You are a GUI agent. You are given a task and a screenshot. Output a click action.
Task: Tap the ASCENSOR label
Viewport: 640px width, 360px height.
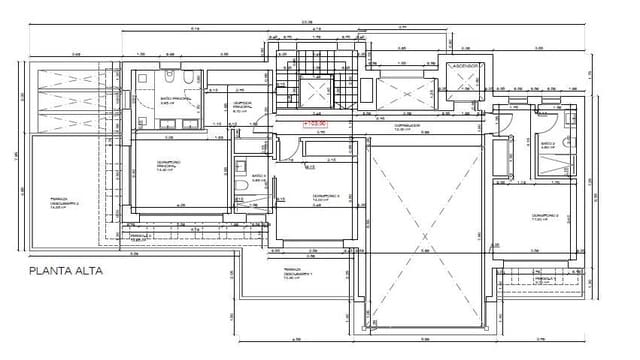pos(466,65)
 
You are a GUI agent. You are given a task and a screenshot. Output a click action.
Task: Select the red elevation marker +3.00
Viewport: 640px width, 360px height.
pos(317,123)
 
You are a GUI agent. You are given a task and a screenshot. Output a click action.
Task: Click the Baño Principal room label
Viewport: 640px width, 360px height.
pos(175,101)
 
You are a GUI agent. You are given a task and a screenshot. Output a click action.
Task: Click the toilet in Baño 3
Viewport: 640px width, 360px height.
pos(242,186)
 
